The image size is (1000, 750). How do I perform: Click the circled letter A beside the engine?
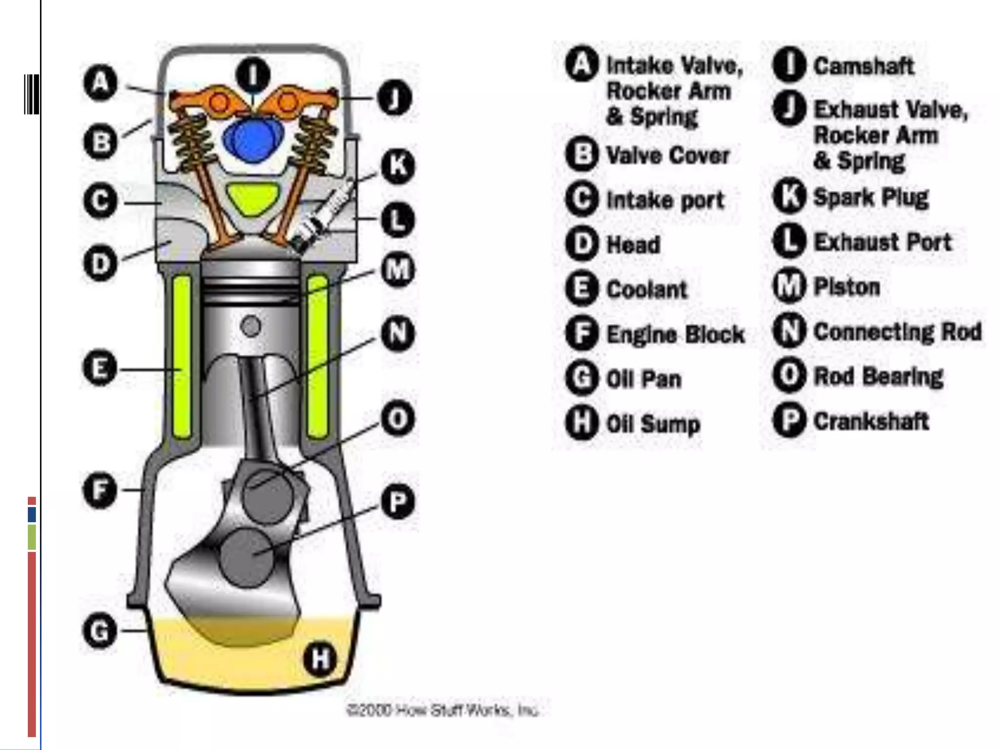pyautogui.click(x=100, y=83)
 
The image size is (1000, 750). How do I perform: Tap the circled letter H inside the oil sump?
pyautogui.click(x=320, y=659)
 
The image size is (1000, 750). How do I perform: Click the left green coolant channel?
pyautogui.click(x=182, y=356)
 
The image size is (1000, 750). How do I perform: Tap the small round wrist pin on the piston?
pyautogui.click(x=251, y=326)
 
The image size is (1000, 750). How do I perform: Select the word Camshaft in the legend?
pyautogui.click(x=863, y=66)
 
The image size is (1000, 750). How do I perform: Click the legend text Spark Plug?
pyautogui.click(x=871, y=197)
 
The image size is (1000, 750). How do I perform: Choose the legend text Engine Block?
pyautogui.click(x=675, y=334)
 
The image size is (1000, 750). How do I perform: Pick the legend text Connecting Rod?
pyautogui.click(x=897, y=332)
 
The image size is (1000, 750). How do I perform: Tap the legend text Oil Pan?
pyautogui.click(x=643, y=379)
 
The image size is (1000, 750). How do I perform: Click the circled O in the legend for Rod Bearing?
pyautogui.click(x=789, y=375)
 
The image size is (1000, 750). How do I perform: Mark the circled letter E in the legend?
pyautogui.click(x=582, y=289)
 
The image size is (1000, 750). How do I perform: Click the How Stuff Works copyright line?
pyautogui.click(x=442, y=710)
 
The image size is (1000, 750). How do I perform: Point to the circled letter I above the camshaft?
pyautogui.click(x=252, y=75)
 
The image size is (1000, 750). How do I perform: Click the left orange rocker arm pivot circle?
pyautogui.click(x=219, y=103)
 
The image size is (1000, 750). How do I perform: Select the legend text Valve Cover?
pyautogui.click(x=667, y=156)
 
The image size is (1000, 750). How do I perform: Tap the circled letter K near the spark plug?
pyautogui.click(x=397, y=166)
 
